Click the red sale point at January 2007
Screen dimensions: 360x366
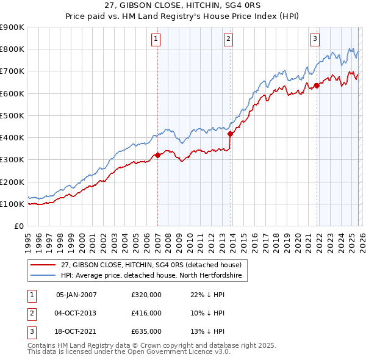click(x=157, y=155)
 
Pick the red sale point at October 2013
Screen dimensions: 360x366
click(x=230, y=134)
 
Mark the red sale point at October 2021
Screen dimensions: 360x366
click(x=317, y=85)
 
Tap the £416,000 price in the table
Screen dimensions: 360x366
click(x=146, y=313)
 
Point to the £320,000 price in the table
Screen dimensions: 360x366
click(x=146, y=295)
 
